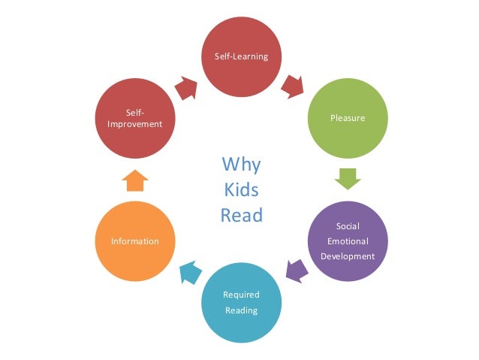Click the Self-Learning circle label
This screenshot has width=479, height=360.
[242, 57]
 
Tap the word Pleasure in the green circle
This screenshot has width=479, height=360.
[348, 118]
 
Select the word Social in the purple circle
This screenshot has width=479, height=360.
[348, 226]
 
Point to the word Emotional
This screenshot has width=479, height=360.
[348, 241]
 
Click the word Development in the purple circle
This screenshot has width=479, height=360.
[348, 256]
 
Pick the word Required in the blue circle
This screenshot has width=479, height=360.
[241, 295]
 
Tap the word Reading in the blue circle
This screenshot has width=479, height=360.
[241, 310]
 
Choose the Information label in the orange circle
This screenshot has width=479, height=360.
[135, 241]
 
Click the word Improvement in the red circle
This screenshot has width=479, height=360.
[135, 124]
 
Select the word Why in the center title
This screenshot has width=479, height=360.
[241, 163]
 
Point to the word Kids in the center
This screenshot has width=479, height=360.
[241, 189]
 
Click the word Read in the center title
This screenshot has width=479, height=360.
[241, 216]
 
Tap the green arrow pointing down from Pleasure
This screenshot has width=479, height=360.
[348, 178]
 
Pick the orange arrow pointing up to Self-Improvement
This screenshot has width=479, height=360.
[135, 180]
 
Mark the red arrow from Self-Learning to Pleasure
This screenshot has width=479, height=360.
[294, 86]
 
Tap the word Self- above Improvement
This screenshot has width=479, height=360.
[135, 112]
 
